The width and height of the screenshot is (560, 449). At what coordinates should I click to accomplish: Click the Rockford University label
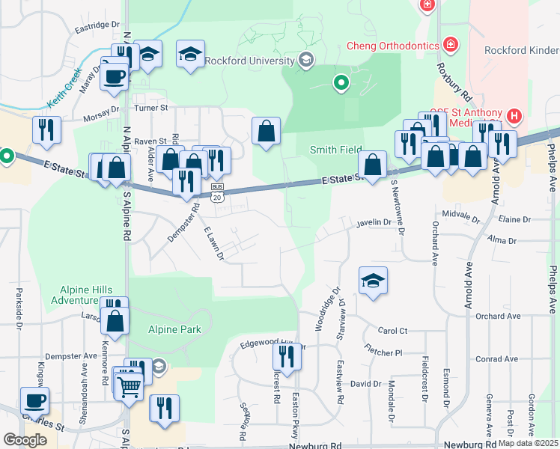click(248, 61)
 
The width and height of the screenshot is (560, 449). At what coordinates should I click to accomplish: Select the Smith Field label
click(336, 150)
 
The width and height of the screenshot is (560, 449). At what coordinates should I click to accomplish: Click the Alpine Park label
click(173, 330)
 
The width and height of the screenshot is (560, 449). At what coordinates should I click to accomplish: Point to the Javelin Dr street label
click(374, 222)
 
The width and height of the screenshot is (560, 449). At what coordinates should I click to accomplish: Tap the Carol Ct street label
click(392, 330)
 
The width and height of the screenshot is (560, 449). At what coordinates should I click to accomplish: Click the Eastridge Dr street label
click(97, 25)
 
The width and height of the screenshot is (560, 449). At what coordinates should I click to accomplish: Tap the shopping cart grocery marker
click(129, 386)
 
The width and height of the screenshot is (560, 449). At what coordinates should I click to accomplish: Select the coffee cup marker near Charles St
click(34, 400)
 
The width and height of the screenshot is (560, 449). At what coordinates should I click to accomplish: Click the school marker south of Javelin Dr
click(373, 281)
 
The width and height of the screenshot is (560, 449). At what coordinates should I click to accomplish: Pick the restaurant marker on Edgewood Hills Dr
click(286, 354)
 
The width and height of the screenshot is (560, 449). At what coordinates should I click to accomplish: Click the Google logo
click(25, 440)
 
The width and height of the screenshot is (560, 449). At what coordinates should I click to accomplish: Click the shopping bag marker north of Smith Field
click(267, 132)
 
